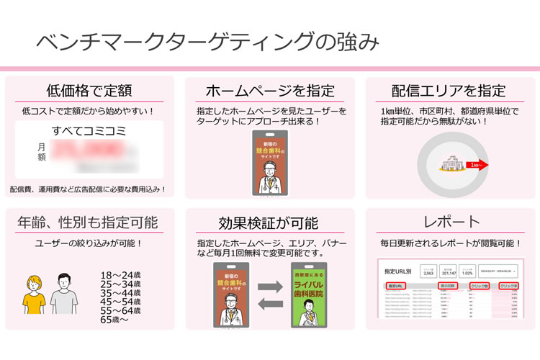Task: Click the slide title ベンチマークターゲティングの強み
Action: pyautogui.click(x=207, y=42)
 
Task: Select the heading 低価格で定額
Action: pyautogui.click(x=89, y=91)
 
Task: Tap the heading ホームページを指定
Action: pyautogui.click(x=270, y=91)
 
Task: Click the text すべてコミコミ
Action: pyautogui.click(x=89, y=131)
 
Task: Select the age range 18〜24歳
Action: pyautogui.click(x=121, y=276)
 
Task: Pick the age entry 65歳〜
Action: pyautogui.click(x=115, y=319)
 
